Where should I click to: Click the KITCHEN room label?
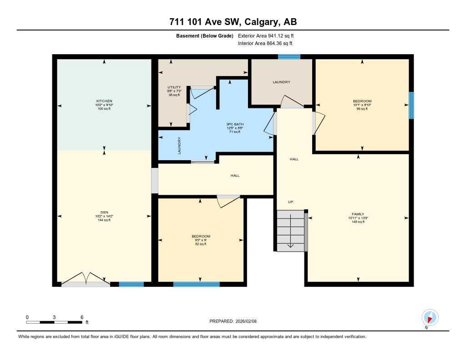(104, 101)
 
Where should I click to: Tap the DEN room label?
(104, 212)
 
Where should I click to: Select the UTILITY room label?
(174, 87)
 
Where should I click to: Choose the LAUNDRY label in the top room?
(281, 82)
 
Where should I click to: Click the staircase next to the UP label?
(290, 230)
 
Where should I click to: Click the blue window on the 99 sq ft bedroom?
(411, 105)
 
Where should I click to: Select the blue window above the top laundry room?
(289, 57)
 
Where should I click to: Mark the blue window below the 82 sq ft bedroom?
(196, 284)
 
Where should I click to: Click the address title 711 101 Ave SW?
(233, 22)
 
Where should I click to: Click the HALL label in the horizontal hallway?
(235, 175)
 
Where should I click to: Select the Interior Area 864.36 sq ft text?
(265, 44)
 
